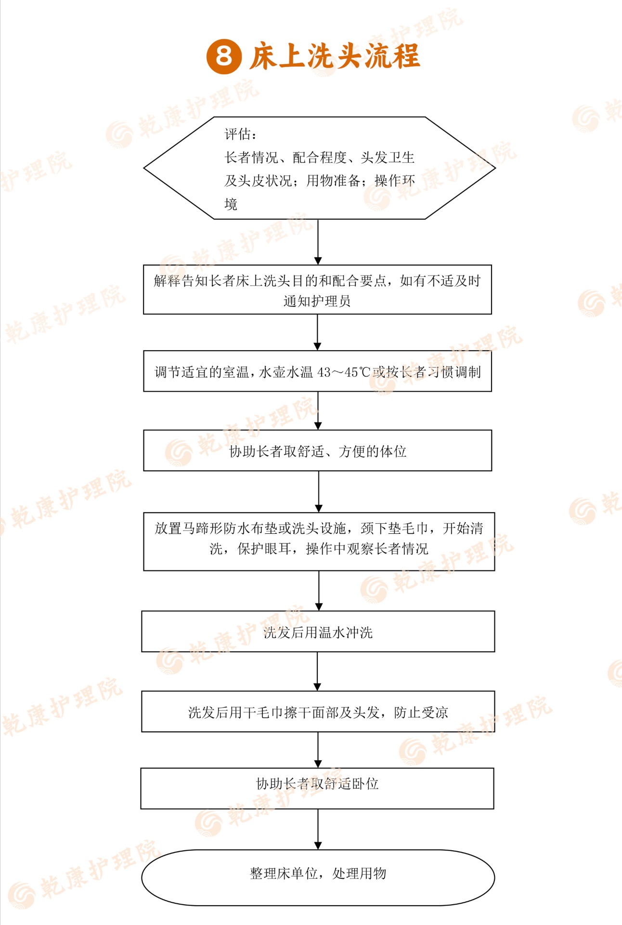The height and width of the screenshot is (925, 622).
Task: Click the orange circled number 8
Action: point(223,56)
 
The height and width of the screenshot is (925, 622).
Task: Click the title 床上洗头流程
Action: point(335,56)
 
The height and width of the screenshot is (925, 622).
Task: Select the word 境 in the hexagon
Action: point(231,204)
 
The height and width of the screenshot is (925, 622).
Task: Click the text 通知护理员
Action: point(317,301)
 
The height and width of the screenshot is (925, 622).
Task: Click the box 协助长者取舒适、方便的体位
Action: point(318,450)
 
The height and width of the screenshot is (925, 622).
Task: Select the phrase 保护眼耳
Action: point(264,549)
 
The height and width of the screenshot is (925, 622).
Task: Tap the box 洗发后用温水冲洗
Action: point(318,632)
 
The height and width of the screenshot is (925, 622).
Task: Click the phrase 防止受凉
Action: point(421,713)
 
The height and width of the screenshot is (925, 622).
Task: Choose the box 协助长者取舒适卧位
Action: point(317,788)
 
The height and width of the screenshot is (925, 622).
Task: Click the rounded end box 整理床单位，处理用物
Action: point(318,878)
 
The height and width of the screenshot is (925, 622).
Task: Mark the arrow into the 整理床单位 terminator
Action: point(318,829)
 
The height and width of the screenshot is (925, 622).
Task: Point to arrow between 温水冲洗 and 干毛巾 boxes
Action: point(317,672)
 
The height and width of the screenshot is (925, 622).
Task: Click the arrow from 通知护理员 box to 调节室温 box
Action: point(317,332)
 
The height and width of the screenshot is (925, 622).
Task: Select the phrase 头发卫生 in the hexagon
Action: point(388,158)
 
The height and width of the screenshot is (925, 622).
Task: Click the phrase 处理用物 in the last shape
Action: point(359,873)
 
